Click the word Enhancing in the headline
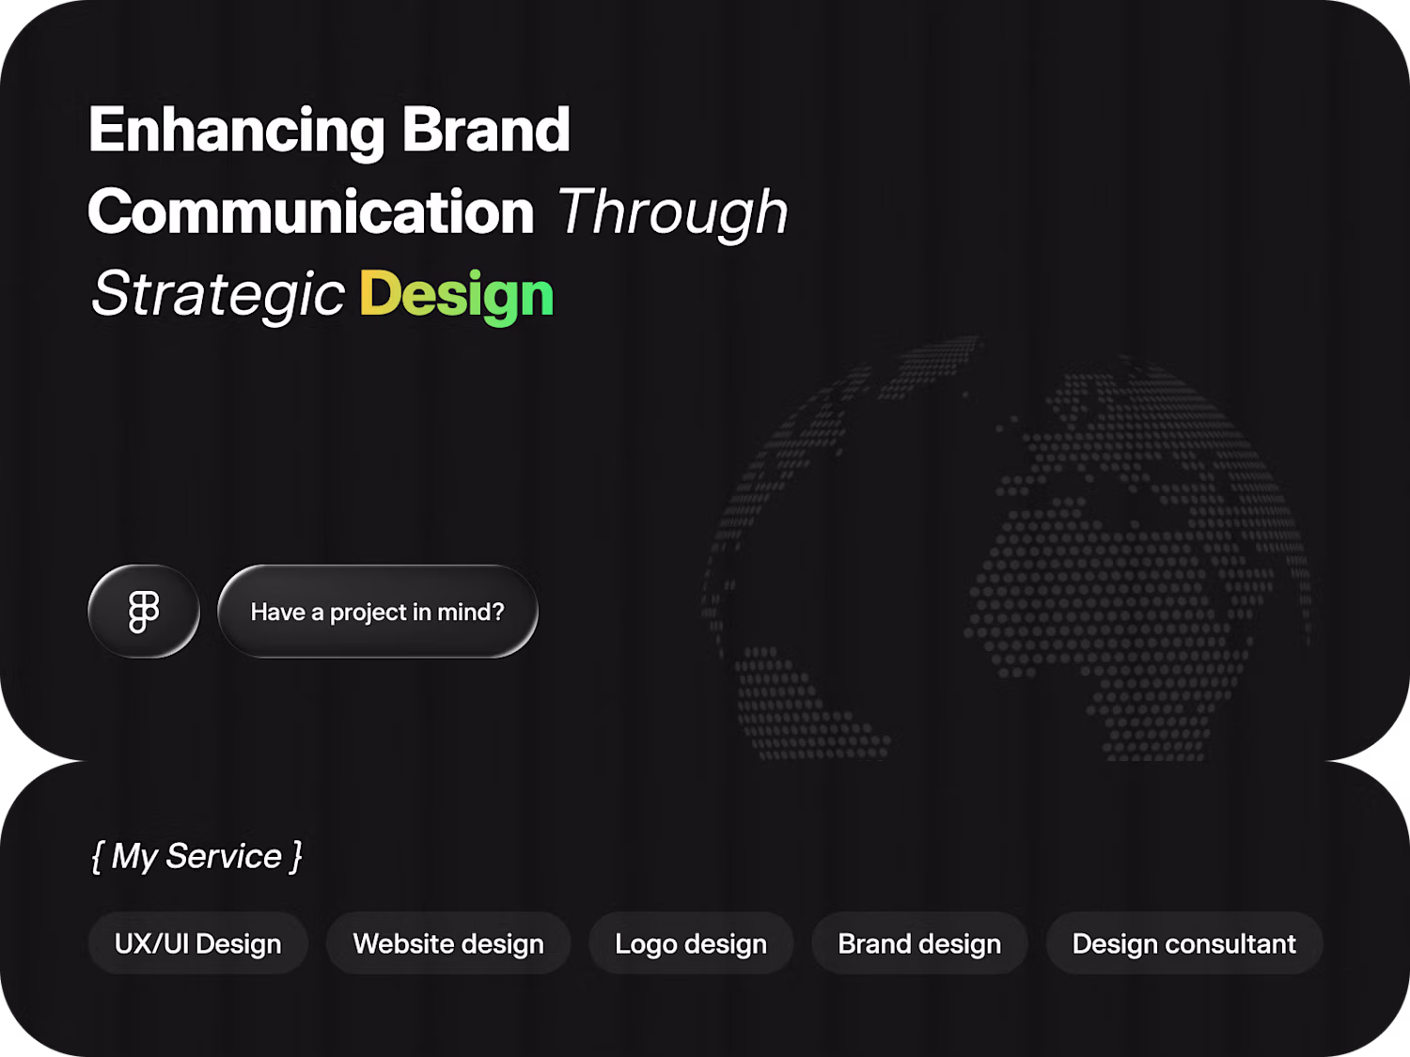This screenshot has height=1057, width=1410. [236, 132]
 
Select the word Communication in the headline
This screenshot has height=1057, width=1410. [311, 211]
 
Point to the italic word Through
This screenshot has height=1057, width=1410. [673, 215]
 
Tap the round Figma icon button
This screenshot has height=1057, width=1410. [144, 612]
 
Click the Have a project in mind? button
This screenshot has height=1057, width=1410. [378, 612]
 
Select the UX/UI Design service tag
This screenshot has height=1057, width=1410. [197, 943]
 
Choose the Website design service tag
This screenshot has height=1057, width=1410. [448, 943]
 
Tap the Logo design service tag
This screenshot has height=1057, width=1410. [691, 943]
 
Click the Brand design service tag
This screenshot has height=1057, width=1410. [920, 943]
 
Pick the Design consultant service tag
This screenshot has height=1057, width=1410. [1184, 943]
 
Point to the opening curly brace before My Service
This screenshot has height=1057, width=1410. [98, 857]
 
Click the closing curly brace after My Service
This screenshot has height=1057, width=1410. [295, 857]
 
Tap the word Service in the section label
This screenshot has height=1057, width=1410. [224, 856]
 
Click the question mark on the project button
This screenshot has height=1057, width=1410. [497, 612]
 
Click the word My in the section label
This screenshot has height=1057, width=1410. [134, 859]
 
